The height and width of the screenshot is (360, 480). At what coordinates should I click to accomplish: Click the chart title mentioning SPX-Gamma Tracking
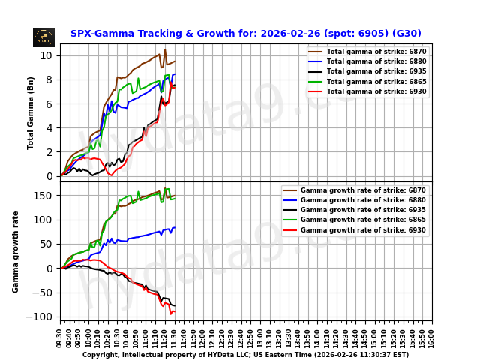[x=245, y=34]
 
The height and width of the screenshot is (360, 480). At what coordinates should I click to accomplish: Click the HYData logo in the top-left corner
[x=43, y=37]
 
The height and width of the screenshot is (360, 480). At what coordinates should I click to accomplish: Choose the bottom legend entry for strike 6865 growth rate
[x=363, y=220]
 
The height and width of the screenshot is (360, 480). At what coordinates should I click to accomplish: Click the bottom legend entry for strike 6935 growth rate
[x=363, y=211]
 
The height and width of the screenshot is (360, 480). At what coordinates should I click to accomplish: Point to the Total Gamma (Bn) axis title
[x=31, y=112]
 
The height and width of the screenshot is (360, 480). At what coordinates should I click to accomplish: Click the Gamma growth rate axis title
[x=16, y=251]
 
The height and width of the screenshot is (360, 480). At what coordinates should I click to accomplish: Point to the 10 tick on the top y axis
[x=46, y=55]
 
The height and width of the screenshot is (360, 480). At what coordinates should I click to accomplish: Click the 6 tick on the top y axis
[x=49, y=103]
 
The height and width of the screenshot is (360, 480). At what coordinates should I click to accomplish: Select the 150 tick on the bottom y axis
[x=45, y=196]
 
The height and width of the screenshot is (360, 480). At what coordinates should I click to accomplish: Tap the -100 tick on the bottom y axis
[x=43, y=316]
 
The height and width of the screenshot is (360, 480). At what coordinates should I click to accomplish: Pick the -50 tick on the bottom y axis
[x=45, y=292]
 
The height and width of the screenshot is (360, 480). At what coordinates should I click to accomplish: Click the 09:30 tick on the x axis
[x=61, y=336]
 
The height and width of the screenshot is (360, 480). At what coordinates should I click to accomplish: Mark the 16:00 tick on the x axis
[x=432, y=336]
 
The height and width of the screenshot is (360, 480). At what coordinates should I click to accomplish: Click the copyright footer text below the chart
[x=245, y=355]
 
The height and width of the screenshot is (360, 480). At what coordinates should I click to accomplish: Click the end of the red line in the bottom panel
[x=175, y=311]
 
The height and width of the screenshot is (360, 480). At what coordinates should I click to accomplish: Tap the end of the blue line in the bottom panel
[x=175, y=227]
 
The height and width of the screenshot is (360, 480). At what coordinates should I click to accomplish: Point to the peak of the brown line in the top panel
[x=165, y=49]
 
